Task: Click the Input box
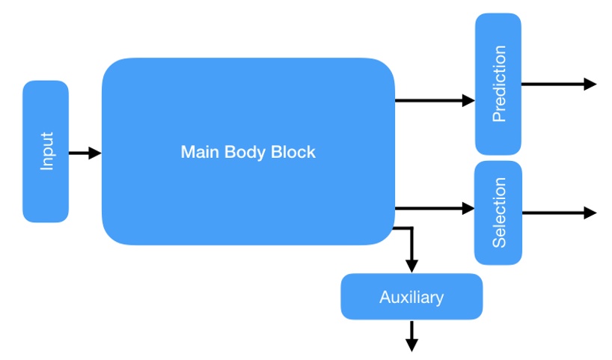pos(46,151)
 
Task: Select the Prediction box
pos(498,83)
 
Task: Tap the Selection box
pos(498,213)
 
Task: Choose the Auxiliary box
pos(411,297)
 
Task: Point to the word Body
pos(244,152)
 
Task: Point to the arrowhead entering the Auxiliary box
pos(411,266)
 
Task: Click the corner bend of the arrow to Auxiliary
pos(411,228)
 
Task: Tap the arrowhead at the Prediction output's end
pos(590,84)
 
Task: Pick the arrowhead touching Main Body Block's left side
pos(95,153)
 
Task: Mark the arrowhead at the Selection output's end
pos(590,213)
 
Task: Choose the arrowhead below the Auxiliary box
pos(411,344)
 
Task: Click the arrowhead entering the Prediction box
pos(468,100)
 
